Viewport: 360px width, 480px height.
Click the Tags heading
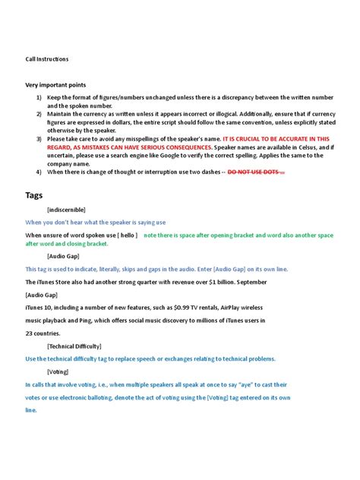34,195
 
